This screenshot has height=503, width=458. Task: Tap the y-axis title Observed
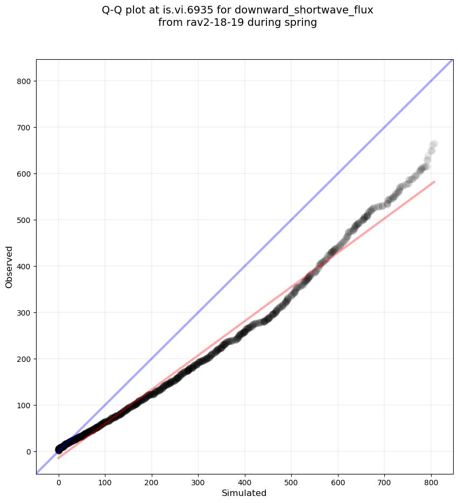pyautogui.click(x=9, y=267)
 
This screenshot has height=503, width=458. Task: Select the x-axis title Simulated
pyautogui.click(x=244, y=493)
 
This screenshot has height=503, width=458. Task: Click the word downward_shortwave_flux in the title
pyautogui.click(x=304, y=10)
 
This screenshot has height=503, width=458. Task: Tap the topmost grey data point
pyautogui.click(x=434, y=144)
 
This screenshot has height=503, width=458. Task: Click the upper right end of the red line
pyautogui.click(x=435, y=181)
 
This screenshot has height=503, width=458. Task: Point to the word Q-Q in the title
pyautogui.click(x=112, y=10)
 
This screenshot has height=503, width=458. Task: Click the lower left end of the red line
pyautogui.click(x=59, y=458)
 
